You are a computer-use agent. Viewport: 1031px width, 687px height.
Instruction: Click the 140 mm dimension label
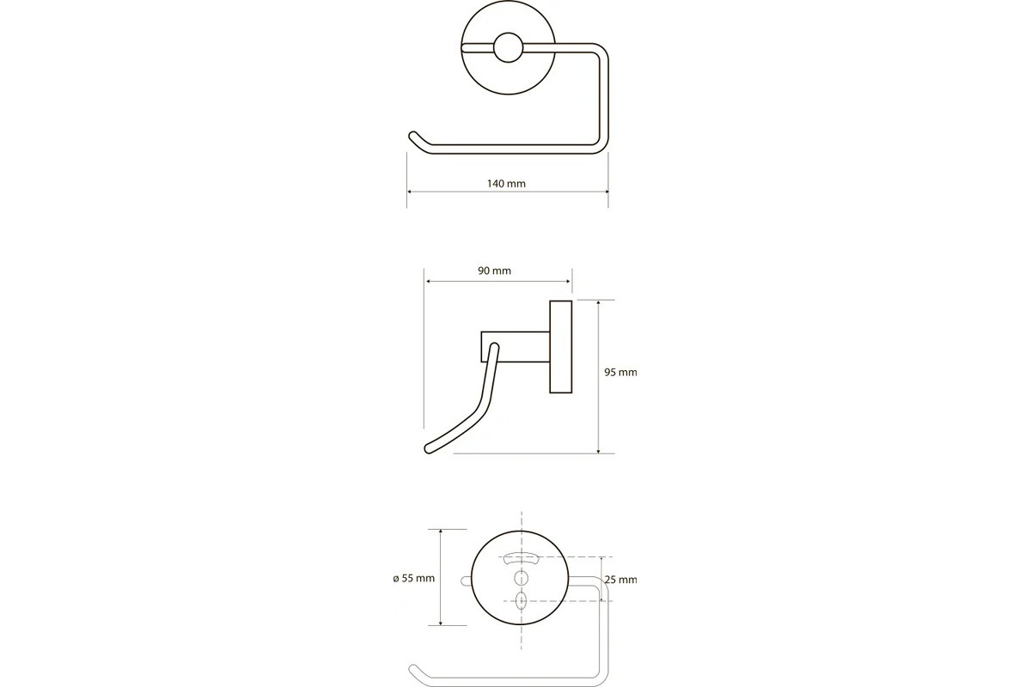click(506, 184)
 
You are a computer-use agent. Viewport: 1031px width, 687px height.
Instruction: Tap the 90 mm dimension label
click(494, 271)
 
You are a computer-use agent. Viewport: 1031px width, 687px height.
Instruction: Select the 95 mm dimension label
click(620, 372)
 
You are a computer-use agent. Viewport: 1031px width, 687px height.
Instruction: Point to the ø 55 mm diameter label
click(414, 579)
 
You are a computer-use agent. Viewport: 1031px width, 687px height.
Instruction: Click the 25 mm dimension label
click(621, 580)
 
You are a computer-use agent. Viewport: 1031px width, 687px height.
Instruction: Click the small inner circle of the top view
click(508, 47)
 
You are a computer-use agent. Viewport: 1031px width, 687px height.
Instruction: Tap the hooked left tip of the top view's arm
click(413, 137)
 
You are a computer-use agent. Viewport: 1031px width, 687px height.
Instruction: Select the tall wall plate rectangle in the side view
click(560, 347)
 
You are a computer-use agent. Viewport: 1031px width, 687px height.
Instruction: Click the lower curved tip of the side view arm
click(429, 448)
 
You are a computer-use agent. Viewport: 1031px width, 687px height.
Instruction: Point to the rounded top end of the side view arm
click(495, 346)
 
